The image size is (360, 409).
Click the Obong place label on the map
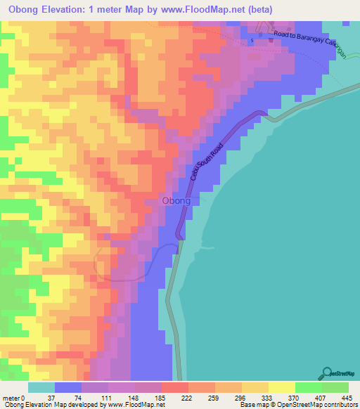pos(176,201)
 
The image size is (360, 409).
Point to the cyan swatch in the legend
pos(41,387)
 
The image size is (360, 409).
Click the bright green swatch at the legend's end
pos(335,387)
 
